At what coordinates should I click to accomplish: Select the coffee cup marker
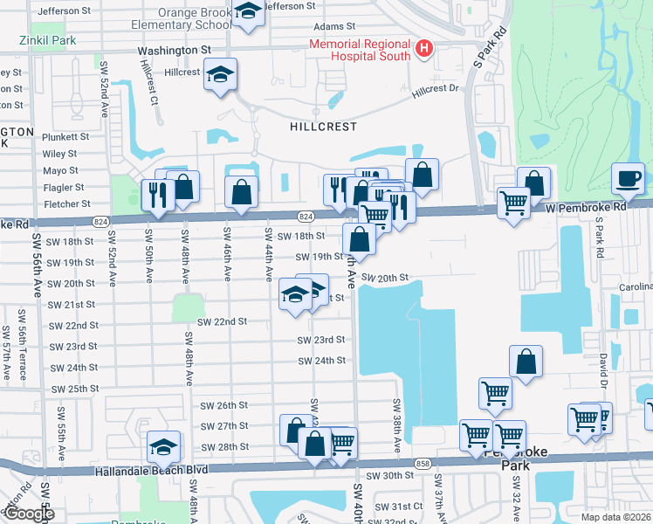coord(628,179)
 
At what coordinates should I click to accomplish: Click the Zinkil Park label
coord(50,40)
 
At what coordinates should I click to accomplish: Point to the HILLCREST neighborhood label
coord(324,127)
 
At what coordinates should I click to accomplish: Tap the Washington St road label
coord(175,51)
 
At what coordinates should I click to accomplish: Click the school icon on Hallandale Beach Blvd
coord(163,447)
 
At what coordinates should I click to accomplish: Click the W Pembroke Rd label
coord(589,208)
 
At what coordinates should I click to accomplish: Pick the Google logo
coord(29,514)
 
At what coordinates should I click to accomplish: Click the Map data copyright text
coord(615,517)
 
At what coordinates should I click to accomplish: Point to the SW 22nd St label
coord(222,321)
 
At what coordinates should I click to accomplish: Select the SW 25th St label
coord(75,389)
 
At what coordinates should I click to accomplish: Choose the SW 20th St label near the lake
coord(385,277)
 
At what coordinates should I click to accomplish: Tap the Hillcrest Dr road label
coord(435,88)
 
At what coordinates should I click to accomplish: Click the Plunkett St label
coord(65,137)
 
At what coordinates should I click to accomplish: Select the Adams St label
coord(335,27)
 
